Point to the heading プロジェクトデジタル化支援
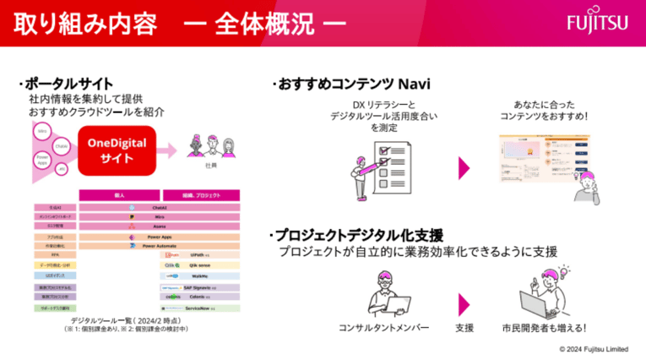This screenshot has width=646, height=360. tap(358, 235)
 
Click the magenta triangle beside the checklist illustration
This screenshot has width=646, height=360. tap(464, 167)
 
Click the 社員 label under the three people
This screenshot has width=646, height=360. tap(211, 166)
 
